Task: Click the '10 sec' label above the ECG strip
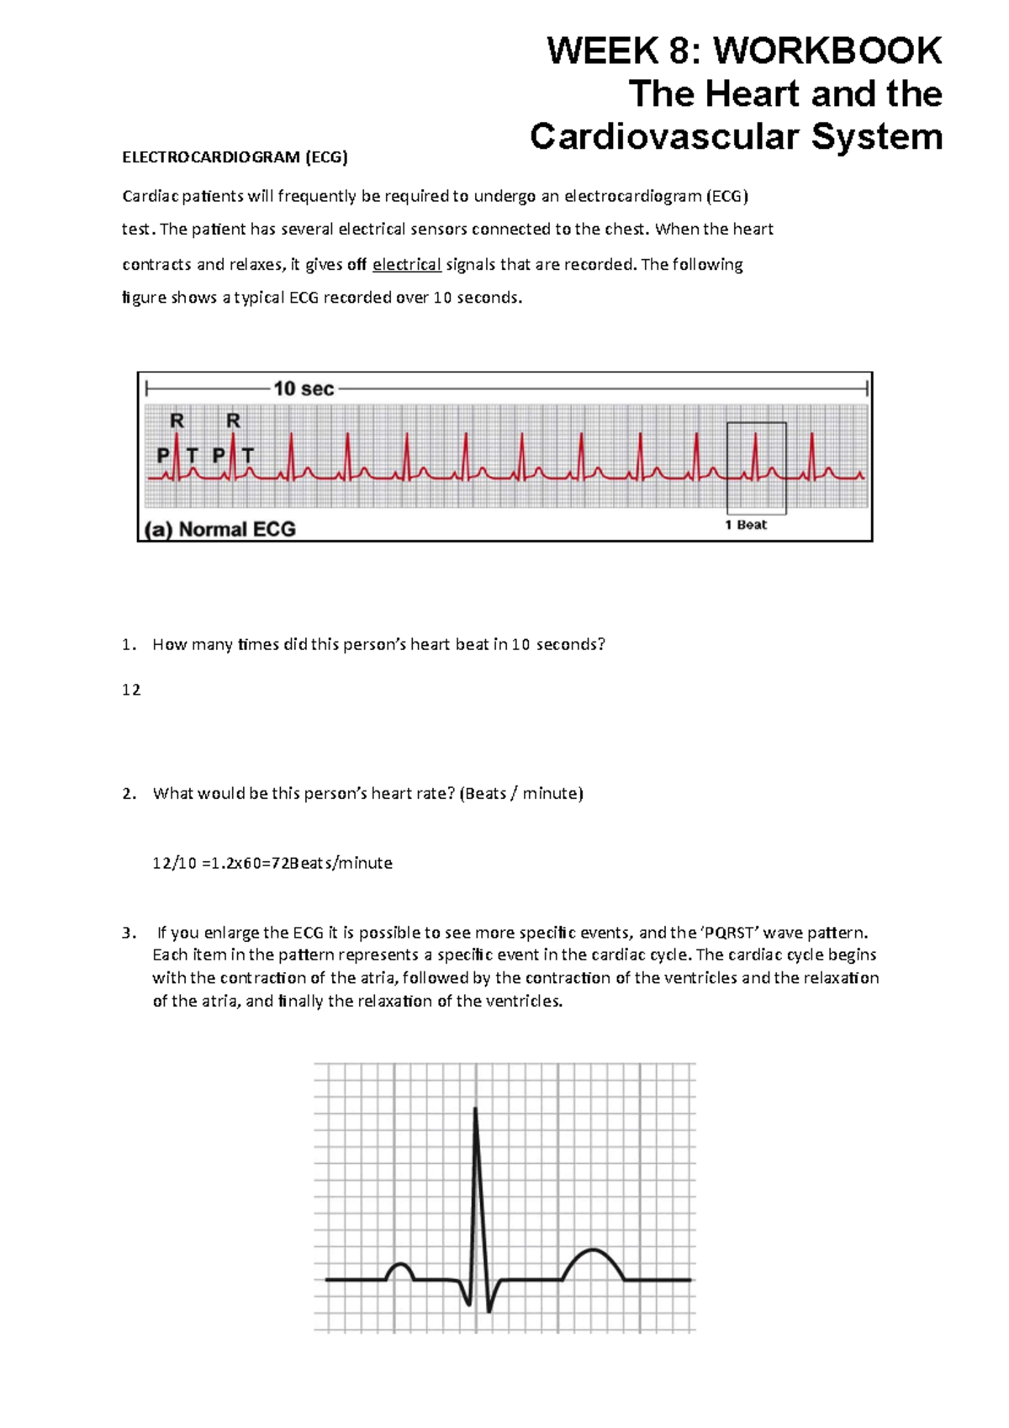tap(304, 389)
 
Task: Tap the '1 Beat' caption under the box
tap(746, 525)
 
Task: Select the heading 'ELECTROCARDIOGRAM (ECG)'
tap(235, 157)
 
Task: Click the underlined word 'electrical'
tap(407, 264)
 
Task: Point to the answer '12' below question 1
tap(131, 690)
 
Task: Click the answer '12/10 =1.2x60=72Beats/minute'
tap(272, 863)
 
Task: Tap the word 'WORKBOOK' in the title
tap(827, 50)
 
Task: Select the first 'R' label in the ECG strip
tap(177, 420)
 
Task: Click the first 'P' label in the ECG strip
tap(163, 455)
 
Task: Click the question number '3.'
tap(129, 932)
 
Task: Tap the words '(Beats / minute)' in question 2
tap(521, 793)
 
